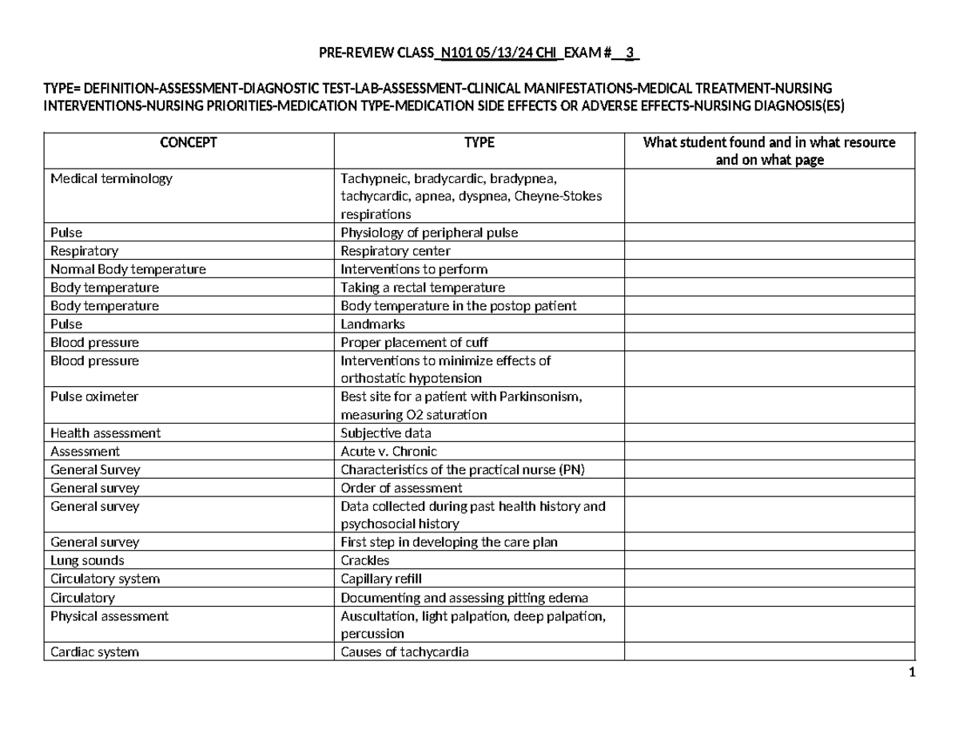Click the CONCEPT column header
pos(188,143)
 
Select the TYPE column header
pos(479,143)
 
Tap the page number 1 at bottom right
pos(911,672)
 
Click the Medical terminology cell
pos(111,179)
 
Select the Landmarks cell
pos(373,325)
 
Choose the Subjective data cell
pos(384,433)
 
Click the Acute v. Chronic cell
pos(389,452)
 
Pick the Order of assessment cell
pos(401,488)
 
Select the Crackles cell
pos(365,561)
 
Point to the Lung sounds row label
pos(87,561)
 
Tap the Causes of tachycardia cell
pos(404,652)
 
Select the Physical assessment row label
pos(109,616)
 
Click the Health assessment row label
pos(105,433)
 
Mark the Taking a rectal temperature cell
pos(423,288)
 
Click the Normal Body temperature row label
pos(128,269)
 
